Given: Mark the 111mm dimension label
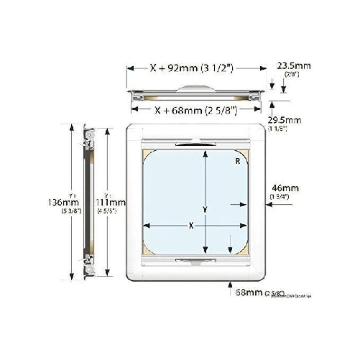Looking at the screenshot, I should [112, 203].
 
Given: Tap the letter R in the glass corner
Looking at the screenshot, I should [236, 162].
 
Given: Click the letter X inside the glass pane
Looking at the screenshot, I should [190, 226].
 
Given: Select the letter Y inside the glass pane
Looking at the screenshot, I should [206, 209].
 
